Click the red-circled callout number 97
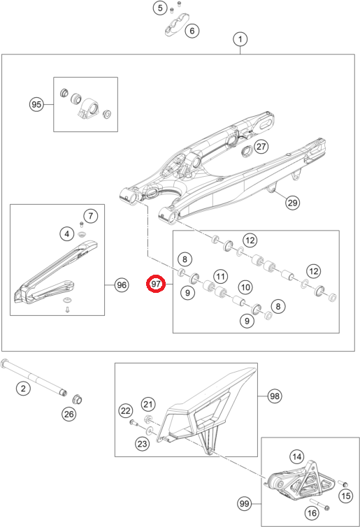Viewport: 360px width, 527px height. tap(156, 284)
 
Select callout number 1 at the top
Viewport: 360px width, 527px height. tap(240, 39)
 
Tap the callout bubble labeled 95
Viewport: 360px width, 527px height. tap(36, 105)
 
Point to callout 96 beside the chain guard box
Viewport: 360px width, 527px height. tap(122, 285)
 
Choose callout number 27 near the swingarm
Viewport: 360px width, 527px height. tap(261, 147)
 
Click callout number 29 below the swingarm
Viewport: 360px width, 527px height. tap(292, 203)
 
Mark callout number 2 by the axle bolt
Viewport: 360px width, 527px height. tap(23, 389)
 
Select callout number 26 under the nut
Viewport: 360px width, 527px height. tap(69, 414)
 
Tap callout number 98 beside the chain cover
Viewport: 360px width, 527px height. tap(275, 396)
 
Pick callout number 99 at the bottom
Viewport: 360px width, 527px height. tap(245, 503)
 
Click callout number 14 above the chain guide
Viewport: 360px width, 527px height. tap(297, 456)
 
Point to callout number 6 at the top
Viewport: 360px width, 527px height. tap(192, 31)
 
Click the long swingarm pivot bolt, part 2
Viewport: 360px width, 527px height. tap(34, 377)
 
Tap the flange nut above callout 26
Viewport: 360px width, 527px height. tap(78, 400)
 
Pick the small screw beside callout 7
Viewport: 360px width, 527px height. tap(81, 224)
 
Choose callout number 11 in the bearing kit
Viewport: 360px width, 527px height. tap(220, 277)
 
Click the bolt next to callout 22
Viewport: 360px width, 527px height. tap(134, 422)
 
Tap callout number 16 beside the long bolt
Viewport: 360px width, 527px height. tap(312, 513)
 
